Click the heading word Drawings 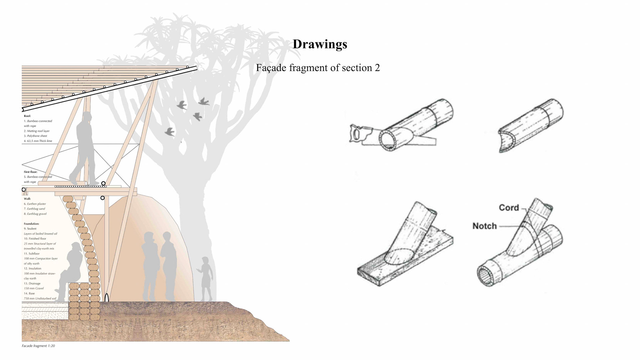[320, 44]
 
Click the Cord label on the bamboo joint [509, 208]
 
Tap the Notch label [484, 226]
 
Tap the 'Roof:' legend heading [27, 116]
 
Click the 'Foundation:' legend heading [31, 224]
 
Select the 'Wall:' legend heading [27, 199]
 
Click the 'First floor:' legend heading [30, 172]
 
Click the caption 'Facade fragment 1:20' [38, 346]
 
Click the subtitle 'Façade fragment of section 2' [318, 68]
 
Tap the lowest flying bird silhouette [170, 132]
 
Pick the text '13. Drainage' [32, 283]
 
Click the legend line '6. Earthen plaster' [35, 204]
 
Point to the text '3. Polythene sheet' [35, 136]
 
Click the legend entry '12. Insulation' [32, 268]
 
